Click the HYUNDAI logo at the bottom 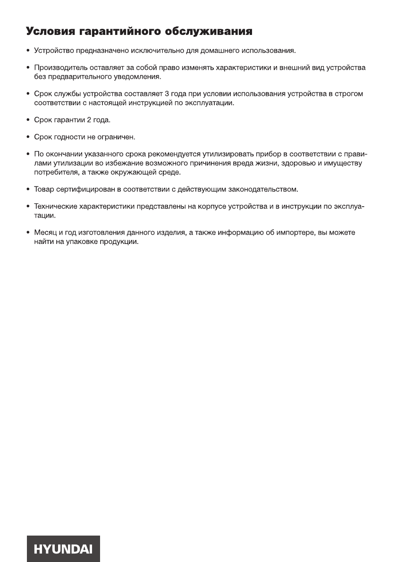pos(63,548)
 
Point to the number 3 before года pos(167,94)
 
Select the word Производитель pos(58,68)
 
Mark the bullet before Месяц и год pos(28,233)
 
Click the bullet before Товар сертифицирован pos(28,189)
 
